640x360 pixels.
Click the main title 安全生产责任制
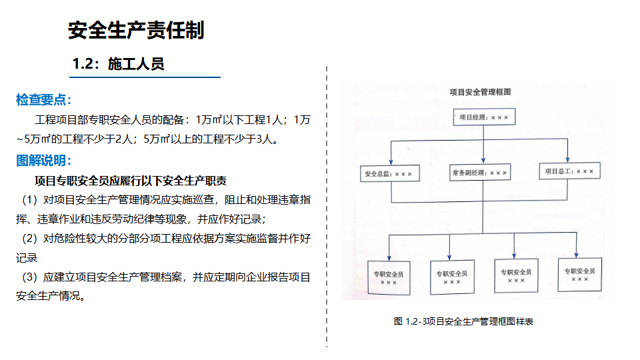click(x=136, y=30)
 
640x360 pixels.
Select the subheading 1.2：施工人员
click(x=118, y=64)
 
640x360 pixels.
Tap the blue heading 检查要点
click(x=44, y=99)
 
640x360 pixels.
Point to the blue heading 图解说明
click(x=44, y=161)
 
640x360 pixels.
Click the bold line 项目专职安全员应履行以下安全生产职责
click(x=131, y=181)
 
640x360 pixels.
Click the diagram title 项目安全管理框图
click(x=480, y=92)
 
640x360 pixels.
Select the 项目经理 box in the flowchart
click(x=484, y=117)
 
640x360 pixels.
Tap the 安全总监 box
click(x=390, y=173)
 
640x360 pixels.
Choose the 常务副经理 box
click(x=479, y=172)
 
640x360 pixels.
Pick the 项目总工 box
click(x=570, y=171)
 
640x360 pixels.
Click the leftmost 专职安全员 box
click(x=389, y=277)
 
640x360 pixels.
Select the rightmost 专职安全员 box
click(x=579, y=274)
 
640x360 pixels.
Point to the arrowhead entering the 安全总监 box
click(x=391, y=162)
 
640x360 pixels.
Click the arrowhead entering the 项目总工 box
click(x=567, y=159)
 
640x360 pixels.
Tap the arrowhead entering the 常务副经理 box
click(x=483, y=161)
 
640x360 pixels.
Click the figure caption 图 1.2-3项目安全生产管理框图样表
click(x=464, y=321)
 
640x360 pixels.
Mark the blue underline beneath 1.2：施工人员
click(x=145, y=77)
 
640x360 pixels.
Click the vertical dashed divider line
click(x=327, y=207)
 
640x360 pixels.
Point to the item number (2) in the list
click(x=29, y=239)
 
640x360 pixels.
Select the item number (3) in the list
click(x=29, y=277)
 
